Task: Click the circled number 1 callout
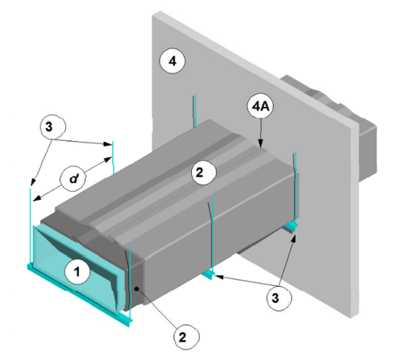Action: coord(77,271)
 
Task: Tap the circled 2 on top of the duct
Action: coord(203,172)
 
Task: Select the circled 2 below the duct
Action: coord(186,337)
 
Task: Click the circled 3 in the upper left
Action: coord(52,126)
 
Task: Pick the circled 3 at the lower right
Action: coord(279,298)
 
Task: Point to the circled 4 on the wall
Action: coord(172,61)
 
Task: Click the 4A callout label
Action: coord(260,106)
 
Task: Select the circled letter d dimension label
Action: coord(73,179)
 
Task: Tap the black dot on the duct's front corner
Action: coord(137,289)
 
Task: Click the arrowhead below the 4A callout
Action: coord(260,143)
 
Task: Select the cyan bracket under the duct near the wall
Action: coord(291,227)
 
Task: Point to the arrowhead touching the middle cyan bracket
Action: coord(219,276)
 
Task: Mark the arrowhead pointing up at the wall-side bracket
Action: coord(294,238)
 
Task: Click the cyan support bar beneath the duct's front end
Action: coord(80,295)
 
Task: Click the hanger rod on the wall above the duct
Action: coord(194,110)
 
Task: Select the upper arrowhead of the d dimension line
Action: coord(108,159)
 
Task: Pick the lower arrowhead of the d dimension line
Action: coord(38,198)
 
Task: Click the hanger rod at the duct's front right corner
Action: coord(129,280)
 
